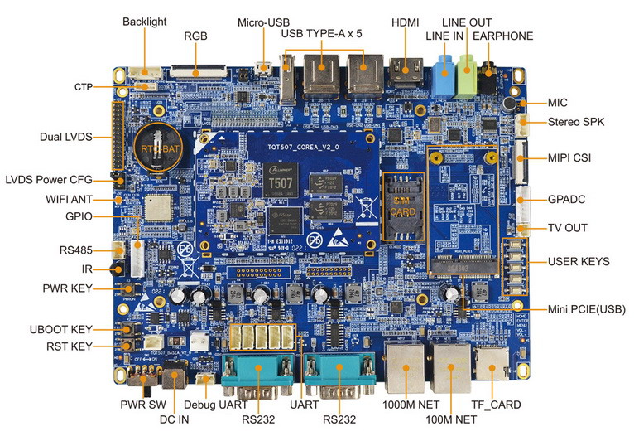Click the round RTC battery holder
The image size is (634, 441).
coord(160,148)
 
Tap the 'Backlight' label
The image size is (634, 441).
coord(145,21)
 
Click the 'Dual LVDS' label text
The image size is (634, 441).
coord(65,137)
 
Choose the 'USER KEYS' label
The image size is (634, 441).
coord(579,262)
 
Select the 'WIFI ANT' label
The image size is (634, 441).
coord(70,199)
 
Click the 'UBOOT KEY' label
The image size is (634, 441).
coord(70,329)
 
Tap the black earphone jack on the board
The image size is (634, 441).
coord(489,82)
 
